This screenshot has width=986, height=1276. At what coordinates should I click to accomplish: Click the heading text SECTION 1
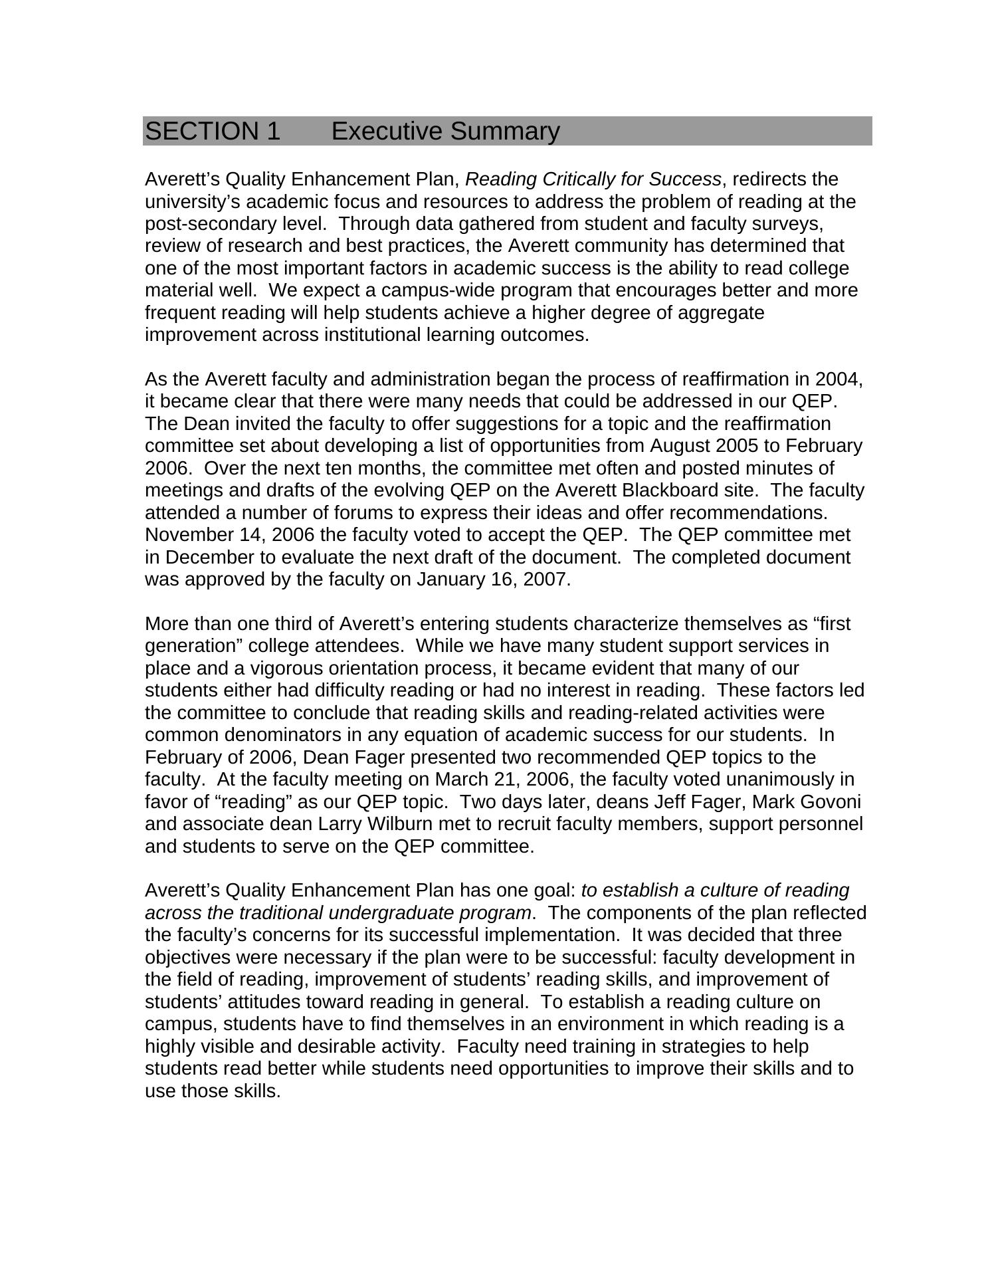(x=213, y=132)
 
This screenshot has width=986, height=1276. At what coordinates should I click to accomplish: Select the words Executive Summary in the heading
(x=445, y=132)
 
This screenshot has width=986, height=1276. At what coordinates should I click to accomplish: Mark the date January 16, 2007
(x=492, y=580)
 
